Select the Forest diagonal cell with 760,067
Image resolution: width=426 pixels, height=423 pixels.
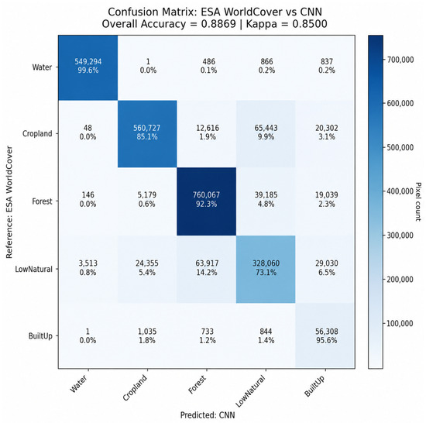pyautogui.click(x=207, y=201)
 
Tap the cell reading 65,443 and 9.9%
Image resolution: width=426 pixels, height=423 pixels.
pyautogui.click(x=266, y=134)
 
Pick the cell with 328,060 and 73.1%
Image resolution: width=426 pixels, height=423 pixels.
pyautogui.click(x=266, y=269)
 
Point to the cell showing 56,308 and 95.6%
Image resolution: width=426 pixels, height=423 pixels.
pyautogui.click(x=325, y=335)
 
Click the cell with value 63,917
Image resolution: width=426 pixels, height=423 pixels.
pyautogui.click(x=207, y=269)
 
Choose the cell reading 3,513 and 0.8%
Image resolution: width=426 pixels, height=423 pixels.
pyautogui.click(x=88, y=269)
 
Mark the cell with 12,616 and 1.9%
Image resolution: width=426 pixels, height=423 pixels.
pyautogui.click(x=207, y=134)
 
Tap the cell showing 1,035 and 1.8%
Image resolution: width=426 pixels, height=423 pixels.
pyautogui.click(x=147, y=335)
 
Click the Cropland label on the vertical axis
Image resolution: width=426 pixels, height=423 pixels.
pyautogui.click(x=37, y=134)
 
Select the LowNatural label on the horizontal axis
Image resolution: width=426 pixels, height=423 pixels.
pyautogui.click(x=250, y=391)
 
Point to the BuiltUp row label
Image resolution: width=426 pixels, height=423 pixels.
pyautogui.click(x=40, y=336)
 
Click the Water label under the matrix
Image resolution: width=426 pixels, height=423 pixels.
pyautogui.click(x=78, y=383)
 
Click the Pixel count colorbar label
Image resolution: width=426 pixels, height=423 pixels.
pyautogui.click(x=418, y=201)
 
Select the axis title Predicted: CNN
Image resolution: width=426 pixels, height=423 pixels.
pyautogui.click(x=208, y=415)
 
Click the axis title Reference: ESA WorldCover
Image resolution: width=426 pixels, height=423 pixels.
pyautogui.click(x=9, y=202)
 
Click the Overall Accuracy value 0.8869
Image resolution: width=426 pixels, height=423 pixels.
pyautogui.click(x=218, y=24)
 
